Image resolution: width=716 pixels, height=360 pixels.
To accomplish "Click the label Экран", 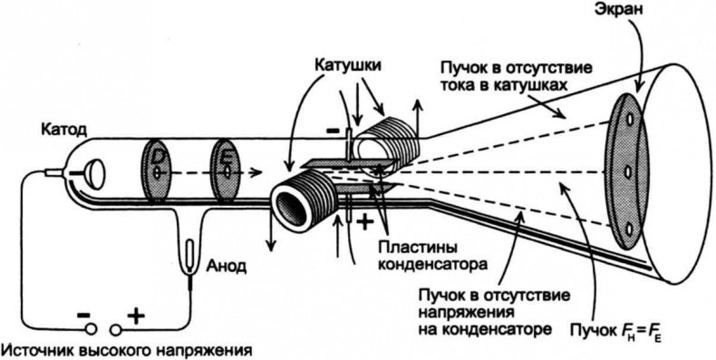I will pyautogui.click(x=618, y=13).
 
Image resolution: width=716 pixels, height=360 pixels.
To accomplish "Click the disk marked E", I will pyautogui.click(x=225, y=168).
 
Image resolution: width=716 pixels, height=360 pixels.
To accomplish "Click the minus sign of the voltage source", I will pyautogui.click(x=83, y=314).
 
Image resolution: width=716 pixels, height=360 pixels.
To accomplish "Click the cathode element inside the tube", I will pyautogui.click(x=93, y=170).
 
